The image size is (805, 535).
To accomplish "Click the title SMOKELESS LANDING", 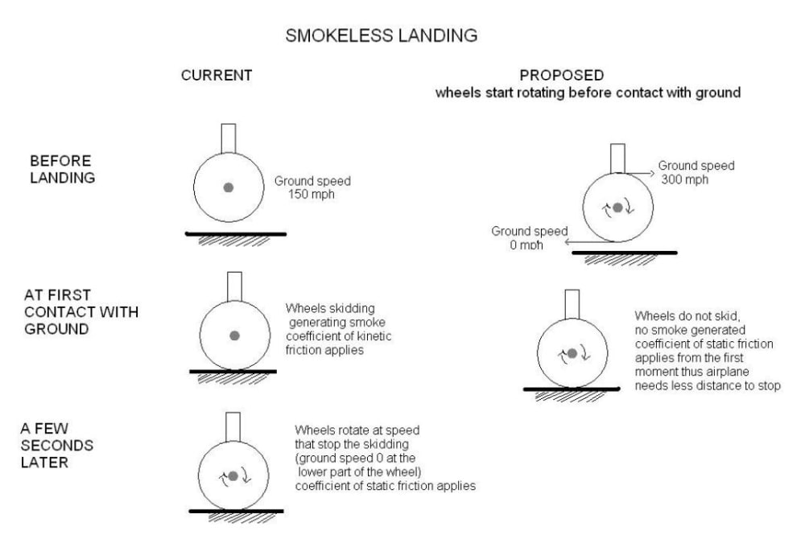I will [382, 36].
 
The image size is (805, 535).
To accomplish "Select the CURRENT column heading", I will [217, 76].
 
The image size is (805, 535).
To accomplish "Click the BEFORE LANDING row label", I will [60, 169].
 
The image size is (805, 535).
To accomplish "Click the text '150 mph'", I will [309, 194].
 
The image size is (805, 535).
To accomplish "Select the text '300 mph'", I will [684, 179].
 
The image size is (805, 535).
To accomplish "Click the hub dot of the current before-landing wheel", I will [229, 187].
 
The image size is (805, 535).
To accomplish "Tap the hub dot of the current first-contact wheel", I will [233, 335].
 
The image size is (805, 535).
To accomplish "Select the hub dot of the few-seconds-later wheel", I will [233, 475].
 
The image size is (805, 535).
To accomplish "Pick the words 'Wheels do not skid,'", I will [675, 316].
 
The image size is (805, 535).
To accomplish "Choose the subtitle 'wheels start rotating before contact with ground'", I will [588, 93].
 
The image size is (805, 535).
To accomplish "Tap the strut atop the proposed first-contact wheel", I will [573, 303].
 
